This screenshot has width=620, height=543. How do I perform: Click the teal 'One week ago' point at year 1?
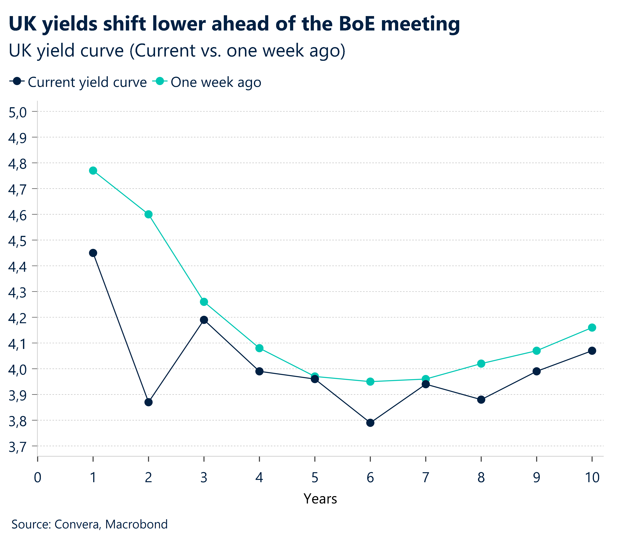[93, 171]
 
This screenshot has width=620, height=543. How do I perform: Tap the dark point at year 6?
[370, 423]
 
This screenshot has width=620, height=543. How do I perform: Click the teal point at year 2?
[148, 214]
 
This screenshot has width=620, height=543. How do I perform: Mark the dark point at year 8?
[481, 400]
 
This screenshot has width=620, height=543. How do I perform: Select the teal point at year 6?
[370, 382]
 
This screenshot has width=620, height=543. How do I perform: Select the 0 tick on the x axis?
[38, 478]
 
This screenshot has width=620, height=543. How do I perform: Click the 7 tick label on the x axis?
[426, 478]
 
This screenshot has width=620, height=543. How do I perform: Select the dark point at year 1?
[93, 253]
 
